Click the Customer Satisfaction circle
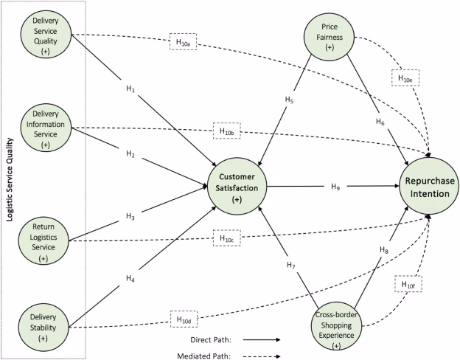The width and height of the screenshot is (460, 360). click(x=237, y=184)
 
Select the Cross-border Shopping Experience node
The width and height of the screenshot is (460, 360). click(x=337, y=325)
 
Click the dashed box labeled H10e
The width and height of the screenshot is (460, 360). click(x=405, y=77)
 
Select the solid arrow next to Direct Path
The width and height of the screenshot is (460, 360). click(x=261, y=341)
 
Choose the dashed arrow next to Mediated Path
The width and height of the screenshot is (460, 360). click(x=261, y=355)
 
